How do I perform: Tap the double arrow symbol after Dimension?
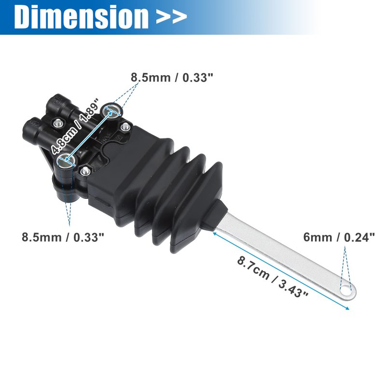coord(171,17)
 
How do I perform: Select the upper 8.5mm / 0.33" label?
coord(172,77)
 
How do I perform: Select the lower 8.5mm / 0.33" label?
coord(63,237)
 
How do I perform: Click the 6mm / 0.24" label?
coord(339,237)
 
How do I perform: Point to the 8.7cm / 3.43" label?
coord(273,276)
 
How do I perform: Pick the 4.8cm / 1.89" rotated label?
coord(75,126)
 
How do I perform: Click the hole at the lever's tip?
coord(346,289)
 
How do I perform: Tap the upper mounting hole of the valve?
coord(112,110)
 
